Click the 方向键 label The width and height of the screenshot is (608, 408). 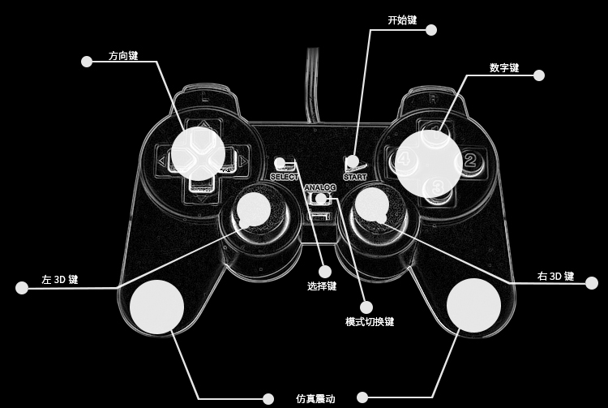[x=123, y=57]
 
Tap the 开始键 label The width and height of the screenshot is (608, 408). [x=402, y=19]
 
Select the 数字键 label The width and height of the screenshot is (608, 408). [x=504, y=67]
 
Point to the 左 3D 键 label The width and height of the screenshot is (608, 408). [x=60, y=280]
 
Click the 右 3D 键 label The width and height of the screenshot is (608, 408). [x=555, y=277]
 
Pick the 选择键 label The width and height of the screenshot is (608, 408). [x=322, y=286]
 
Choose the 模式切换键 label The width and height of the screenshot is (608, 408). [x=370, y=322]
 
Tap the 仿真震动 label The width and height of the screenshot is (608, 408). [x=315, y=399]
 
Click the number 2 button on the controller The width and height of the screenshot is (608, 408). [x=470, y=160]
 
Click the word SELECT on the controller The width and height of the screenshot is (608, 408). [x=285, y=176]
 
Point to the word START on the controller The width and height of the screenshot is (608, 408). [x=354, y=176]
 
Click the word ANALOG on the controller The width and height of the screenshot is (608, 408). [x=320, y=188]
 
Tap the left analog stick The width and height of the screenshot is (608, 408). [x=254, y=208]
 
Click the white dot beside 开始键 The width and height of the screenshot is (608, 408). [x=430, y=30]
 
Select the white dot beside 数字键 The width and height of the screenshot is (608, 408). [x=538, y=75]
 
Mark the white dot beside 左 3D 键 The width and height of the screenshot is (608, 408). [x=22, y=287]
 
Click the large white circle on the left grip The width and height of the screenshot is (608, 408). [x=156, y=307]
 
